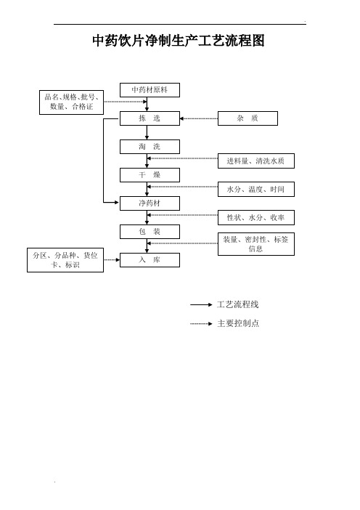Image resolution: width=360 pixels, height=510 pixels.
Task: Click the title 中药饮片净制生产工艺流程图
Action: [x=179, y=41]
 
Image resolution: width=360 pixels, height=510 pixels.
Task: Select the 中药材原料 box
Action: [x=150, y=90]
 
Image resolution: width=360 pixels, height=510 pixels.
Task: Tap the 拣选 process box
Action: [x=150, y=118]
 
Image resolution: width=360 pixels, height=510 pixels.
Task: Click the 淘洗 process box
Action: [x=150, y=147]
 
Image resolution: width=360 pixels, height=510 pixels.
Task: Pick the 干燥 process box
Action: [x=150, y=175]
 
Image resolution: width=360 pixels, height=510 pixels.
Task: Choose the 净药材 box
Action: [x=150, y=203]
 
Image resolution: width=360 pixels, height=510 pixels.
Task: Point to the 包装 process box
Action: [x=150, y=232]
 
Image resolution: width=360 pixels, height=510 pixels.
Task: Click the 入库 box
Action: [x=150, y=260]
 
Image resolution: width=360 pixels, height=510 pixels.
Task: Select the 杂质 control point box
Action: [x=247, y=118]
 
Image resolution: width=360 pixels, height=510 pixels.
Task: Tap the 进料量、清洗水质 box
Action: [x=256, y=161]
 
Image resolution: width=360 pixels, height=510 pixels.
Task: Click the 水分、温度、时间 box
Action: [x=256, y=190]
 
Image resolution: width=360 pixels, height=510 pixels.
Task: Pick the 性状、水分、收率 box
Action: [x=256, y=218]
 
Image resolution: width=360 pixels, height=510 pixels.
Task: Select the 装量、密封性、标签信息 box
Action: [x=256, y=244]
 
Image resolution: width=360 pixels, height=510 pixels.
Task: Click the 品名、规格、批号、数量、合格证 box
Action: [x=71, y=102]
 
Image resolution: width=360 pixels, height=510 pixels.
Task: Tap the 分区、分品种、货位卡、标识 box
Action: [x=65, y=260]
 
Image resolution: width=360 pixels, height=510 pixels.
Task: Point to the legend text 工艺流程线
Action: [x=238, y=304]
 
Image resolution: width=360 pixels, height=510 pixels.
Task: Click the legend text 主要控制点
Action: [x=238, y=323]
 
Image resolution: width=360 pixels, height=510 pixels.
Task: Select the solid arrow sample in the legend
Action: [x=201, y=304]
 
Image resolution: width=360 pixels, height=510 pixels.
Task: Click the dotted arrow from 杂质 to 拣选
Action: [x=199, y=118]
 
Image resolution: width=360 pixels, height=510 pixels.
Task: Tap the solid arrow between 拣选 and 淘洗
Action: [x=147, y=133]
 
